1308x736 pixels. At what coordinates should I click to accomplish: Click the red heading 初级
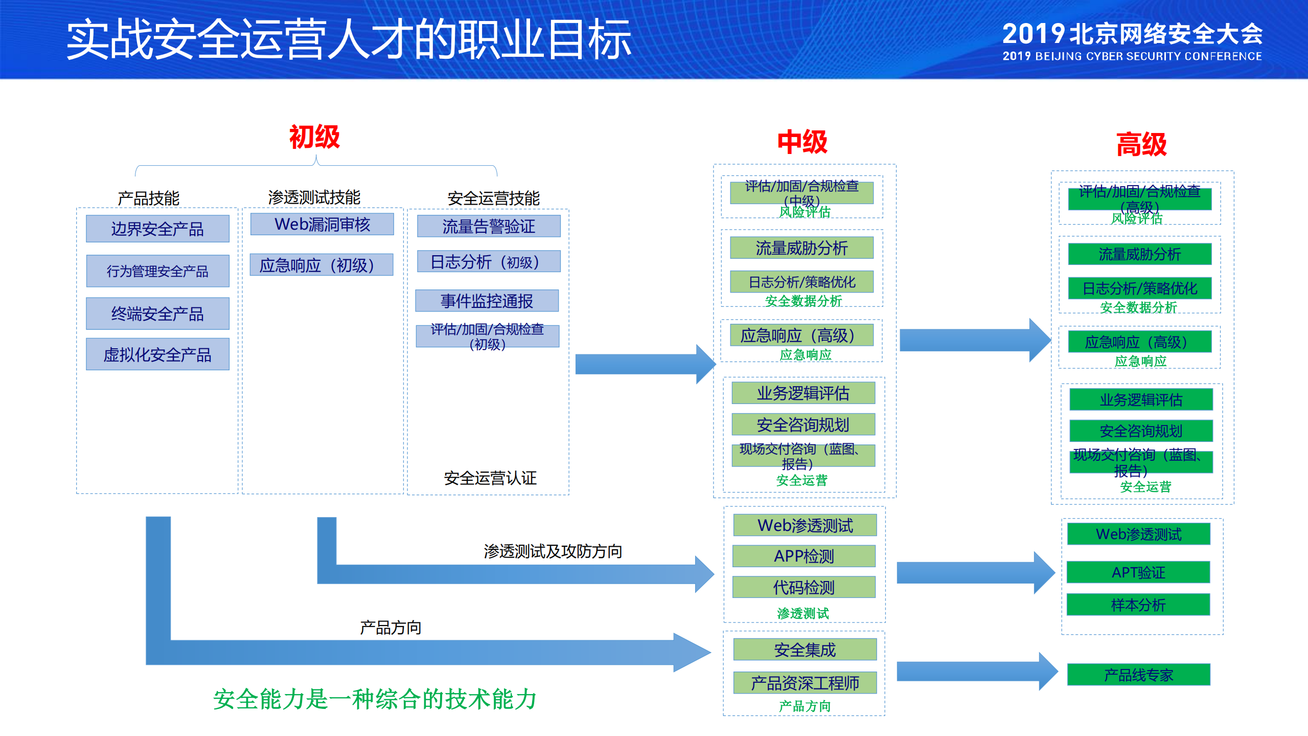[x=314, y=137]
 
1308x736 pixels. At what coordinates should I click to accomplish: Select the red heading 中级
[x=802, y=142]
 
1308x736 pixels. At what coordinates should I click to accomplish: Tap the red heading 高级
[x=1141, y=144]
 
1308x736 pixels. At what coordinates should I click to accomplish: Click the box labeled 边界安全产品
[x=157, y=229]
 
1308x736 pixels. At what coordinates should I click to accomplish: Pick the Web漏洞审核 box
[x=322, y=224]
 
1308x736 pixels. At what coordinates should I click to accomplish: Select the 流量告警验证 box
[x=489, y=226]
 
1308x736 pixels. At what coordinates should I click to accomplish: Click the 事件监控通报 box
[x=487, y=301]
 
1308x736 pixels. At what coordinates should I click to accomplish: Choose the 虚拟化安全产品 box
[x=157, y=354]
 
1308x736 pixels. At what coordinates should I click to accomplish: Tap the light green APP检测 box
[x=804, y=556]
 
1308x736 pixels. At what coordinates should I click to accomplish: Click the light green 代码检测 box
[x=804, y=587]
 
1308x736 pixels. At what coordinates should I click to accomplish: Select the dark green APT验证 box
[x=1138, y=572]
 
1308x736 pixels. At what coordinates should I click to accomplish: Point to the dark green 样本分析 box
[x=1138, y=605]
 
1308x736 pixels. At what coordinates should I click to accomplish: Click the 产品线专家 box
[x=1138, y=675]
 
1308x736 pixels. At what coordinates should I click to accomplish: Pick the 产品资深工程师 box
[x=805, y=683]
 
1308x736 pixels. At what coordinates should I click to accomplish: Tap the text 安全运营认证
[x=490, y=478]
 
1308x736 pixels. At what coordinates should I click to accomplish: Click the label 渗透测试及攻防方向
[x=553, y=551]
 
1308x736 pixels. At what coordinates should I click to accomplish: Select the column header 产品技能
[x=148, y=198]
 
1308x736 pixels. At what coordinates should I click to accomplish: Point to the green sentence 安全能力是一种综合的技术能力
[x=375, y=699]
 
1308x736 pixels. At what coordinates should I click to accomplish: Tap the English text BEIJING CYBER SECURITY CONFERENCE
[x=1148, y=56]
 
